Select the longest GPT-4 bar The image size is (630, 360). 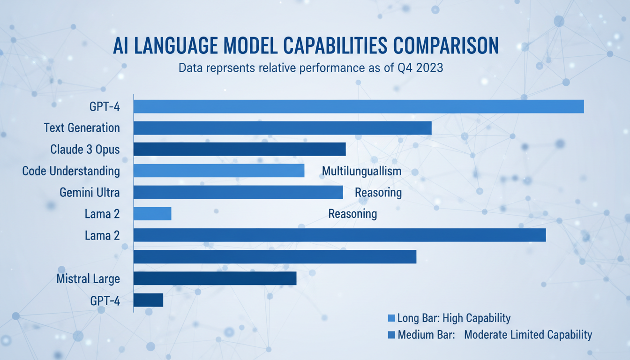pos(359,106)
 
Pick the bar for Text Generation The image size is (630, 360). pos(282,128)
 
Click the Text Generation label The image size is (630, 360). pos(82,127)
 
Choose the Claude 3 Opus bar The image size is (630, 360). pos(240,149)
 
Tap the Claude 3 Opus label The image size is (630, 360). pos(85,149)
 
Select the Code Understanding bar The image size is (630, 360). pos(219,171)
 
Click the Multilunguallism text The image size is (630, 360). pos(361,171)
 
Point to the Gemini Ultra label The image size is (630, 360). pos(90,192)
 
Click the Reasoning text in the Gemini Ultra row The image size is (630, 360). pos(378,192)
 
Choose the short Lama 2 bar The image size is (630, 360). pos(152,214)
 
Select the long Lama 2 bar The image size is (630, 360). pos(339,235)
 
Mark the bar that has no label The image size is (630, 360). pos(275,256)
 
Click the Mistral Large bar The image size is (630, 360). pos(215,278)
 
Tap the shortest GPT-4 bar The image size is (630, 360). pos(148,300)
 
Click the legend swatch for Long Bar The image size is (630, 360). pos(391,319)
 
